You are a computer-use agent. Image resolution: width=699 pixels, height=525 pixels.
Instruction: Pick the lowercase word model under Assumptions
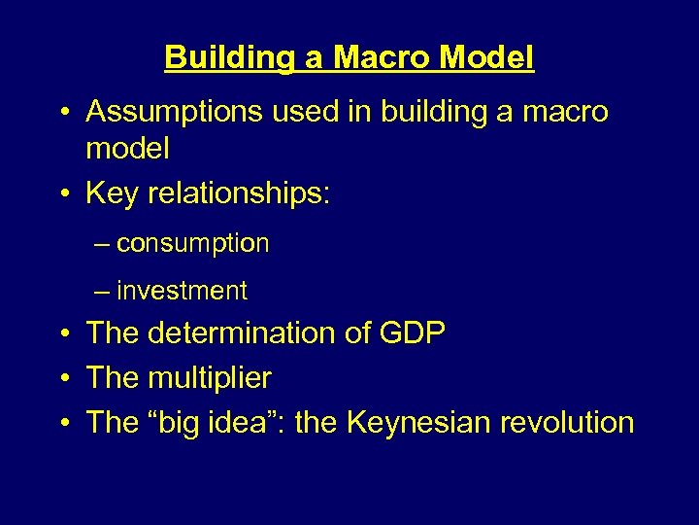[x=127, y=149]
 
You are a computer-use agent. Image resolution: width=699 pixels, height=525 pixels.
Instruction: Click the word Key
[x=111, y=193]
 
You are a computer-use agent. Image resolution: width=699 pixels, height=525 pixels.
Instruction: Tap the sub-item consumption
[x=192, y=243]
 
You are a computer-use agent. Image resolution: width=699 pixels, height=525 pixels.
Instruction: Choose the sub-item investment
[x=182, y=291]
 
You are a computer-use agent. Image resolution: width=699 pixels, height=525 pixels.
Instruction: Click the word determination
[x=238, y=333]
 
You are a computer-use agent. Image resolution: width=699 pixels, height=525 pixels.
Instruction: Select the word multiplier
[x=209, y=378]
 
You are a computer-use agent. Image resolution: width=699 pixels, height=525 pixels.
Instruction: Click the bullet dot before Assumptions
[x=63, y=114]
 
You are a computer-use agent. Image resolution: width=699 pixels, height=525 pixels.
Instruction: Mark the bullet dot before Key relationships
[x=63, y=194]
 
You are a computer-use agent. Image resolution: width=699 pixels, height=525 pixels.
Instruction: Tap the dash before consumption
[x=103, y=244]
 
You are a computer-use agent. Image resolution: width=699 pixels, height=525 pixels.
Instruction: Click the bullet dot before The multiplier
[x=63, y=379]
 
